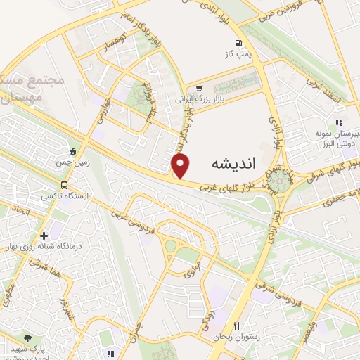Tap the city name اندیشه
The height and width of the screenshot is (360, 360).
233,163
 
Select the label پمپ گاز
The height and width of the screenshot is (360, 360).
238,53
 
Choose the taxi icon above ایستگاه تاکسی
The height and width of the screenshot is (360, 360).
73,150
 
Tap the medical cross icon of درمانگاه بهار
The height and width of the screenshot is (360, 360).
44,236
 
